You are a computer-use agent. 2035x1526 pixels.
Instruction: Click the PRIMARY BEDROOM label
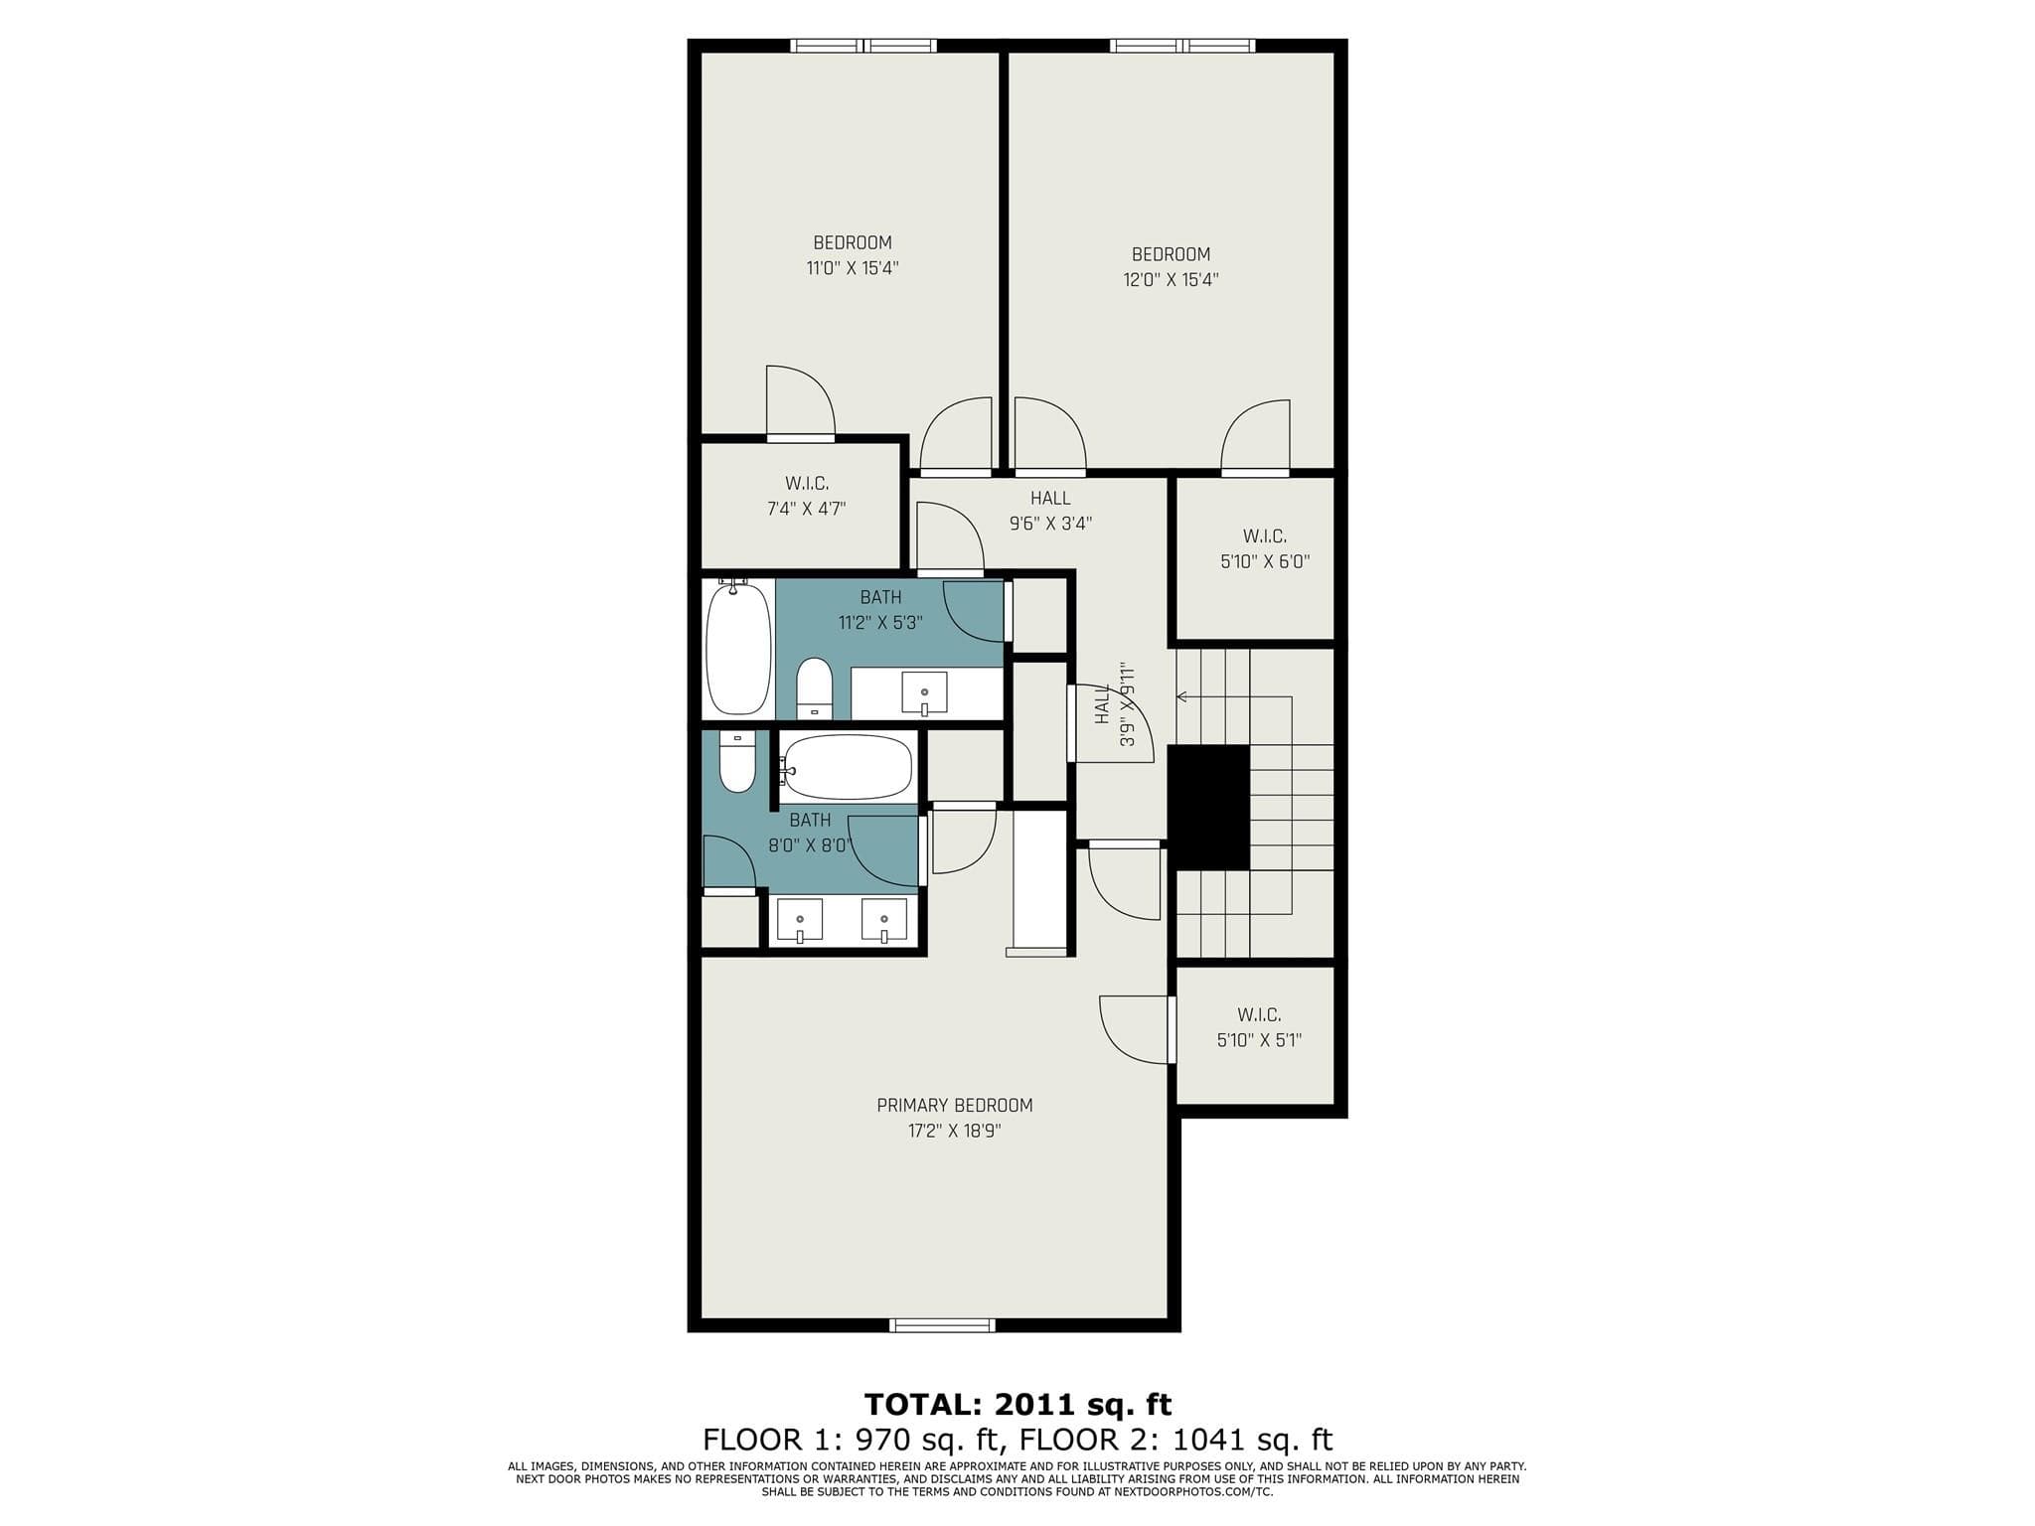pyautogui.click(x=954, y=1105)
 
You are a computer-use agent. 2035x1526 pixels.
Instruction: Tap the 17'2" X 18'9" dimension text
pyautogui.click(x=954, y=1131)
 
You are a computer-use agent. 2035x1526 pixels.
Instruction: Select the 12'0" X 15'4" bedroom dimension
pyautogui.click(x=1171, y=280)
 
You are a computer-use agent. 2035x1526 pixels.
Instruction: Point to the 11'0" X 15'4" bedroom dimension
pyautogui.click(x=853, y=268)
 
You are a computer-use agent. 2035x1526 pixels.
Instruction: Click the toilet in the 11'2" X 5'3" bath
pyautogui.click(x=815, y=687)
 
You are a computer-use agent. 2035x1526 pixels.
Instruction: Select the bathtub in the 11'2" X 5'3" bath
pyautogui.click(x=738, y=647)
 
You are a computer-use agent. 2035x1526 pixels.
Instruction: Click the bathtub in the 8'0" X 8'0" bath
pyautogui.click(x=846, y=767)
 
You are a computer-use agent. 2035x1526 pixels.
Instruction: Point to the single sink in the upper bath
pyautogui.click(x=924, y=692)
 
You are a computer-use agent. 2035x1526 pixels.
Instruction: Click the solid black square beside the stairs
pyautogui.click(x=1207, y=807)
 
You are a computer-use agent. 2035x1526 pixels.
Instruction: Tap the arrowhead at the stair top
pyautogui.click(x=1181, y=696)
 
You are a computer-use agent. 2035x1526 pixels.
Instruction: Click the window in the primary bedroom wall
pyautogui.click(x=942, y=1325)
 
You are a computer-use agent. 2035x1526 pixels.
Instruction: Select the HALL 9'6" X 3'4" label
pyautogui.click(x=1050, y=511)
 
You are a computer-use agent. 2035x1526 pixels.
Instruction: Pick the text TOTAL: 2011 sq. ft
pyautogui.click(x=1017, y=1404)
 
